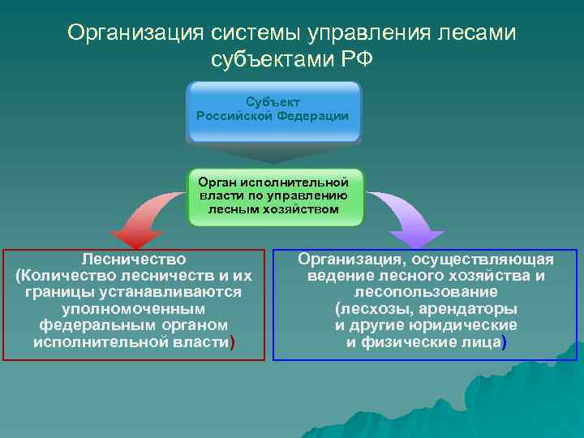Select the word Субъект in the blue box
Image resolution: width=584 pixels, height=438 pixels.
[273, 101]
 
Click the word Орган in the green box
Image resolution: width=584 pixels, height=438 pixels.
[218, 182]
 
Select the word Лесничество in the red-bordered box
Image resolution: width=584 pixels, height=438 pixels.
[134, 260]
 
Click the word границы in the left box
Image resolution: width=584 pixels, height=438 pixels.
[57, 293]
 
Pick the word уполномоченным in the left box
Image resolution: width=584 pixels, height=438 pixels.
[134, 310]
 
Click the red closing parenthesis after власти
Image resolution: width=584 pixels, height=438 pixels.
[233, 343]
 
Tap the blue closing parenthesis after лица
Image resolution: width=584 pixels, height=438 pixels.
[504, 343]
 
